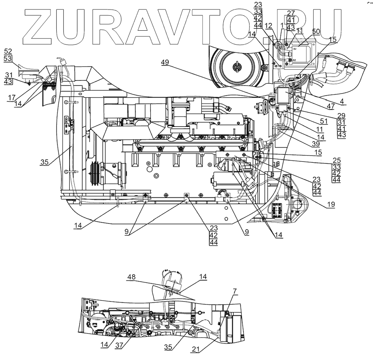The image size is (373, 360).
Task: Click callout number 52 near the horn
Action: click(x=8, y=51)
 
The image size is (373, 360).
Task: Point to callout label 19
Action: click(x=330, y=204)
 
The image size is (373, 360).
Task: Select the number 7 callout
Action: click(x=235, y=292)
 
